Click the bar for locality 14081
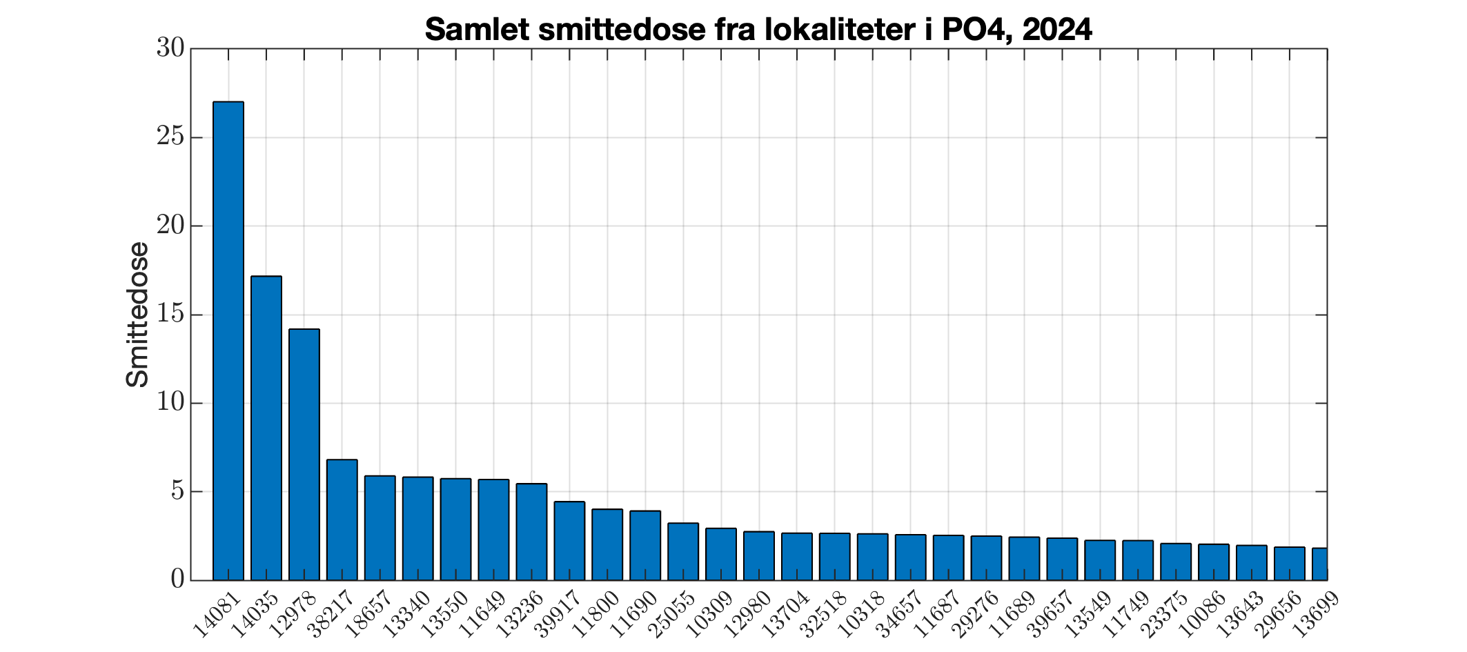click(228, 341)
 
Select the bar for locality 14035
click(266, 428)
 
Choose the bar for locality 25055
click(683, 551)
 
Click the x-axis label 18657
click(370, 613)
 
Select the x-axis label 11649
click(484, 613)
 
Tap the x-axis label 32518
click(825, 613)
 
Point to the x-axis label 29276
click(976, 613)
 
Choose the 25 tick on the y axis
click(170, 137)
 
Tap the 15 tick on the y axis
click(170, 315)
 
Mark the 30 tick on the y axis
click(170, 49)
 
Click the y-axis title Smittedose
click(138, 315)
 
